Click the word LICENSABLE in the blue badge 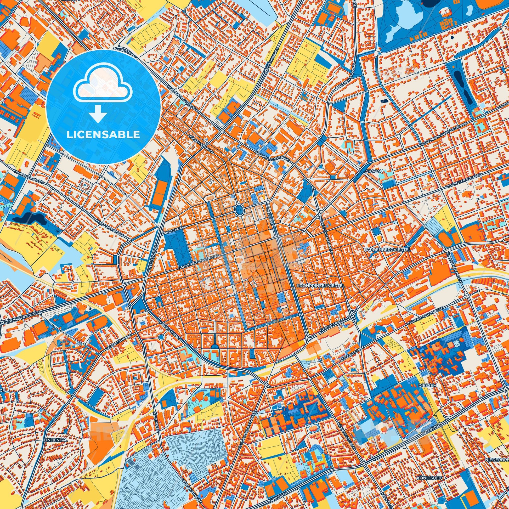pos(103,135)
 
